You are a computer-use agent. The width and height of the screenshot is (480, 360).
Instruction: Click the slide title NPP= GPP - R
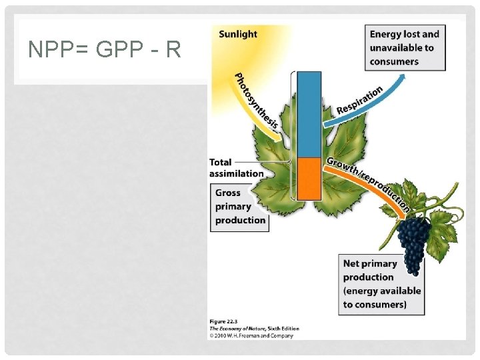(105, 49)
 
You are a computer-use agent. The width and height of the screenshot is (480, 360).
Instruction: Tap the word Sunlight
(237, 33)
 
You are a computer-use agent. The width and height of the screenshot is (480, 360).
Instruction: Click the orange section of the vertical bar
(309, 178)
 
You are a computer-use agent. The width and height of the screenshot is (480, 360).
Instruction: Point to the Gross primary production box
(240, 207)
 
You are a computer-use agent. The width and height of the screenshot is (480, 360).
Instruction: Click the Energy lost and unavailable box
(405, 47)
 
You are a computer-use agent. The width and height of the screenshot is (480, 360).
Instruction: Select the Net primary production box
(382, 284)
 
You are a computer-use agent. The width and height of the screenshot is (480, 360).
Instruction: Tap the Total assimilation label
(236, 167)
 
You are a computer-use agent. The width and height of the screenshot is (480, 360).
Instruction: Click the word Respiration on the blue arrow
(359, 99)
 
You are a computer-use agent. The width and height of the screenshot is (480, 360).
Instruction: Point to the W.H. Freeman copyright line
(253, 335)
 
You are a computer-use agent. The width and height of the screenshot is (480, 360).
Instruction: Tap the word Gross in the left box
(228, 193)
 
